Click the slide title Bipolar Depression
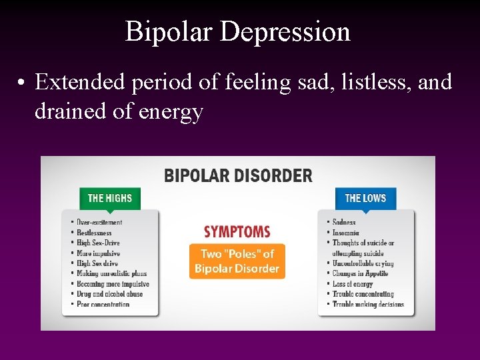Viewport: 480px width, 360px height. coord(237,31)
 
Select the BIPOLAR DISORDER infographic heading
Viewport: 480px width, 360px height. coord(238,176)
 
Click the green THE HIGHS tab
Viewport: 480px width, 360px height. coord(110,198)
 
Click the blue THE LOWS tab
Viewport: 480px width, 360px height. coord(365,198)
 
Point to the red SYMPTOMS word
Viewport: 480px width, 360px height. coord(237,232)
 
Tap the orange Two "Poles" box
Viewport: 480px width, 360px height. coord(237,261)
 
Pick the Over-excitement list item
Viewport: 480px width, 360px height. coord(99,222)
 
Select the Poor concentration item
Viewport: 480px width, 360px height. coord(103,305)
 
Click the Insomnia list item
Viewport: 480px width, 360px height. coord(346,233)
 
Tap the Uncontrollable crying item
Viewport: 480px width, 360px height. coord(363,263)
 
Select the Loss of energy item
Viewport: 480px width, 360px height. coord(353,284)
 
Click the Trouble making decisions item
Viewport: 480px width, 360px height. coord(368,305)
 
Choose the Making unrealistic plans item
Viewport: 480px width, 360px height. coord(111,273)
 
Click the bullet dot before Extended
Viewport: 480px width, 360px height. coord(22,83)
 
